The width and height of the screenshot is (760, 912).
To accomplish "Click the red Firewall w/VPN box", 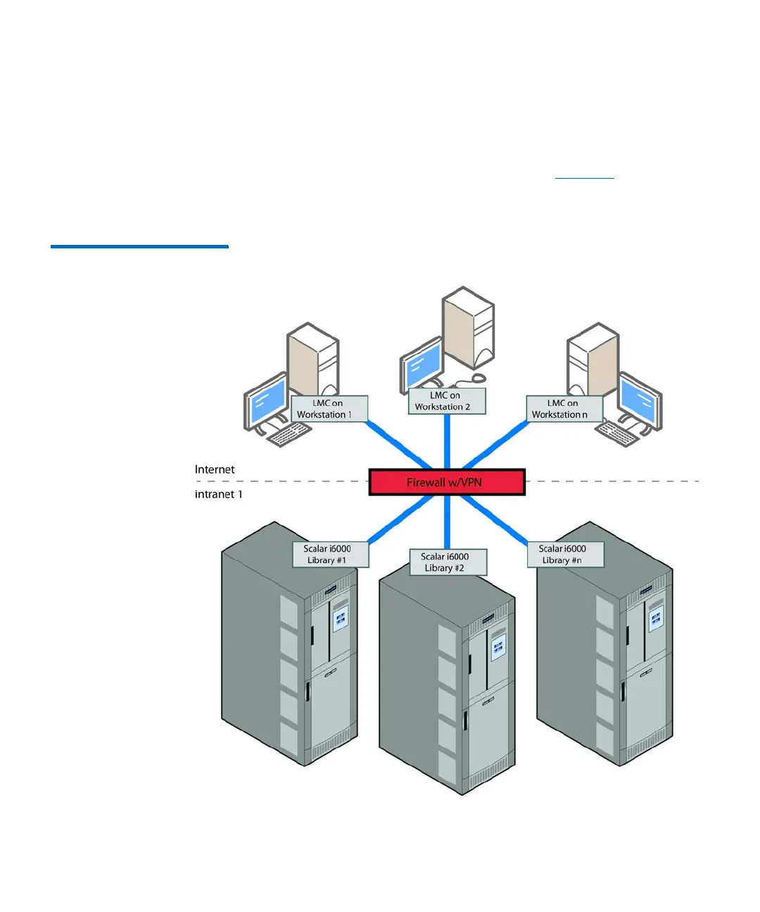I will coord(447,482).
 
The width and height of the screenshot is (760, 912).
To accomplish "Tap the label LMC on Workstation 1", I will coord(329,409).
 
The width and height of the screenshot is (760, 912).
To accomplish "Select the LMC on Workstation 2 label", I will coord(447,401).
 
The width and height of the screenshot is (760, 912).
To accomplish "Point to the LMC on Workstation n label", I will coord(564,409).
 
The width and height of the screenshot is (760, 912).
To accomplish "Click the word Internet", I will coord(215,469).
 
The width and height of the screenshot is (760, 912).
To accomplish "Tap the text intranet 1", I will coord(218,494).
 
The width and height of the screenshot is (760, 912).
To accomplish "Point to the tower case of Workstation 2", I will coord(470,327).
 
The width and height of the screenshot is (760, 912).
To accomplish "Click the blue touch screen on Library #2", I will coord(498,645).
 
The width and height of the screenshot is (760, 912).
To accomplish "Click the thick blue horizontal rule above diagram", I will coord(139,246).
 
